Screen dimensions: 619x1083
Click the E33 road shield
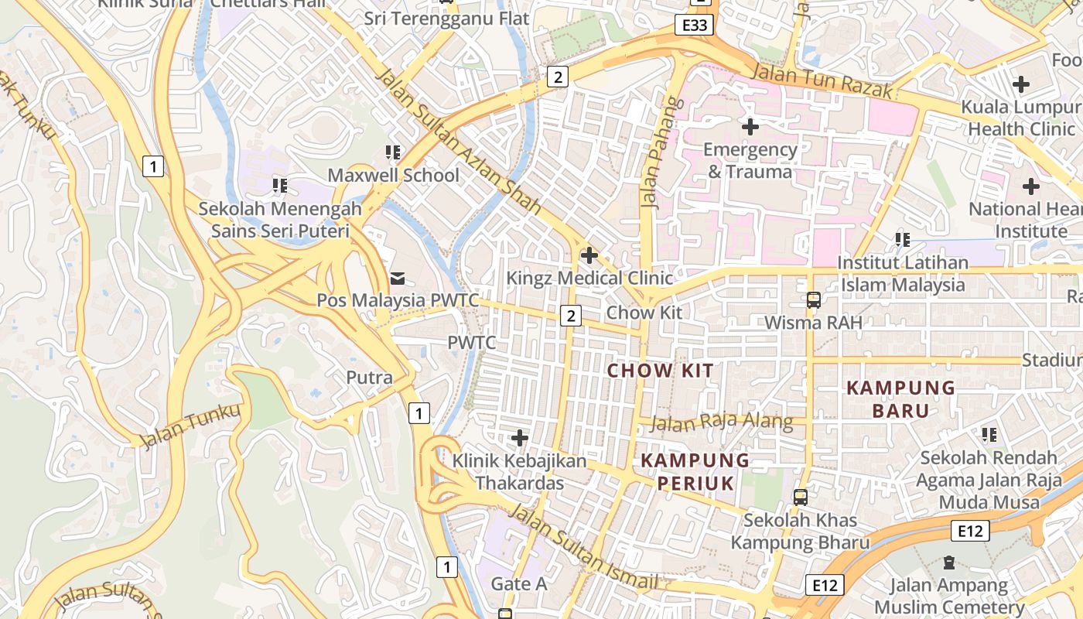695,26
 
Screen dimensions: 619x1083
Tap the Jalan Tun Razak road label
822,80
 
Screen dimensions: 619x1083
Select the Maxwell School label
394,175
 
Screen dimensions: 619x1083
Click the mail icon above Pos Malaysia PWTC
398,277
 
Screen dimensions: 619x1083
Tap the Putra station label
369,378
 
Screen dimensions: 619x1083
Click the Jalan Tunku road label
190,426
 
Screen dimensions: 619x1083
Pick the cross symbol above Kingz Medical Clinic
589,255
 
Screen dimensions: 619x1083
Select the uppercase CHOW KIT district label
661,371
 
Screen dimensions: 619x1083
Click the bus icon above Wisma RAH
813,299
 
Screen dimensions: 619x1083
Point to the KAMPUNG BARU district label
901,398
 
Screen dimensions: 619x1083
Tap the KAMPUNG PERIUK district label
695,472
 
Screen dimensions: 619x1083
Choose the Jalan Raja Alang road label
722,422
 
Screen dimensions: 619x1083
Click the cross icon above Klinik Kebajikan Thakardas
520,439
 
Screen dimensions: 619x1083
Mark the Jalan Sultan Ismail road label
583,548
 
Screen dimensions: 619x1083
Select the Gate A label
519,583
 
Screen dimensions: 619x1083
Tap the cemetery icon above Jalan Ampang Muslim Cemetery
949,563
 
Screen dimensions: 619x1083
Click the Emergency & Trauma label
750,160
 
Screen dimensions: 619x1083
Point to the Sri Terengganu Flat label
446,18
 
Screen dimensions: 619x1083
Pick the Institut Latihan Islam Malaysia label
903,274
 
